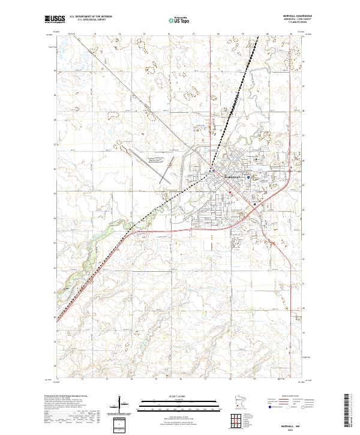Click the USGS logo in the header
tap(54, 19)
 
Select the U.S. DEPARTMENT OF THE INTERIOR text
tap(89, 17)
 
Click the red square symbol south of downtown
tap(229, 192)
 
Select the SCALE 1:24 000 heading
tap(180, 396)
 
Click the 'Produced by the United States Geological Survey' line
tap(65, 397)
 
